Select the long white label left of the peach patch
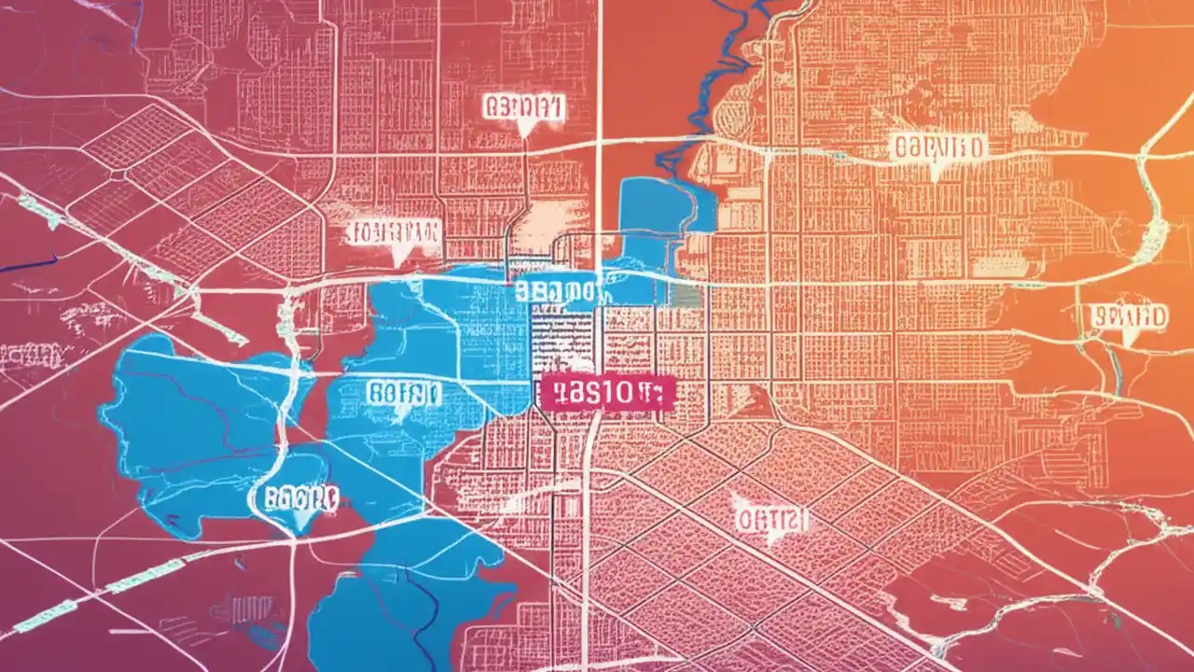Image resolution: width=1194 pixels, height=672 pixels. [x=395, y=231]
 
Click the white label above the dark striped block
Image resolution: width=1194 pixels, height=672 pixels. [x=557, y=290]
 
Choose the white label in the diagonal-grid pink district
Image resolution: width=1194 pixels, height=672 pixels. [x=771, y=519]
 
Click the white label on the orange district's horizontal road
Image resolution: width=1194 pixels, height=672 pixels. [x=938, y=147]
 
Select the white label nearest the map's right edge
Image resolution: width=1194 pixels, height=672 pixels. [x=1128, y=316]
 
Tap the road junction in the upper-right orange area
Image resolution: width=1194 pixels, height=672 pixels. [x=1142, y=149]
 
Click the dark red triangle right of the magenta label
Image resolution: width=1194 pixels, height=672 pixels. [x=760, y=401]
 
